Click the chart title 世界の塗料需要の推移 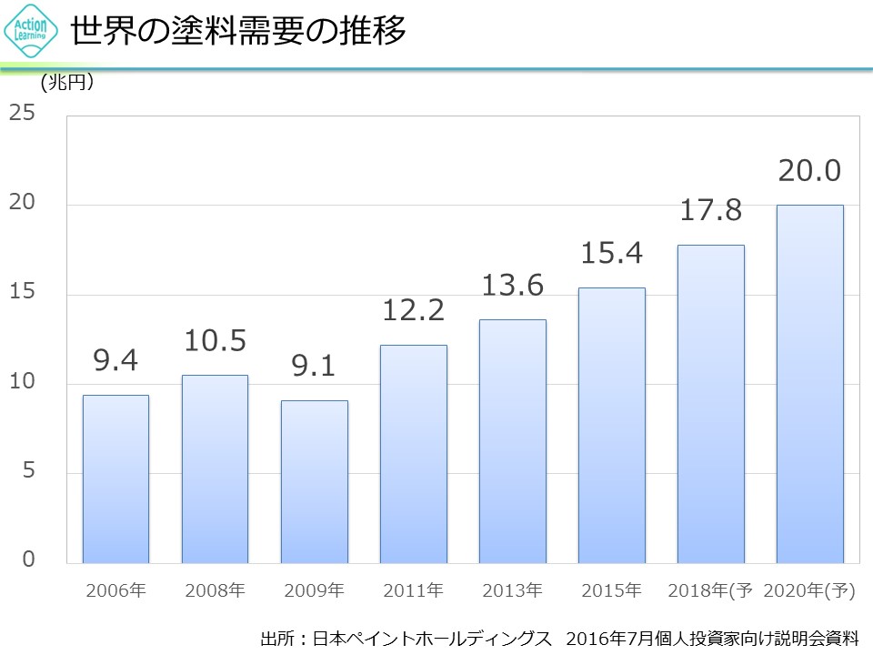click(x=238, y=32)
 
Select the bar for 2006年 click(x=115, y=479)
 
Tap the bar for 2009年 click(x=314, y=482)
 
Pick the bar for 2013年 click(x=512, y=441)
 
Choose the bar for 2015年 click(x=611, y=426)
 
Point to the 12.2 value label click(x=413, y=310)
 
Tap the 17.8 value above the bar click(x=711, y=210)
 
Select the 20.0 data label click(x=809, y=170)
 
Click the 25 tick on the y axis click(x=23, y=115)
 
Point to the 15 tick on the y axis click(x=23, y=293)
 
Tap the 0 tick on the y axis click(x=28, y=560)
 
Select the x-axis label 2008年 click(x=215, y=591)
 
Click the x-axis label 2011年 click(x=413, y=591)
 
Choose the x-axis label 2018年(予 click(x=710, y=591)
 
